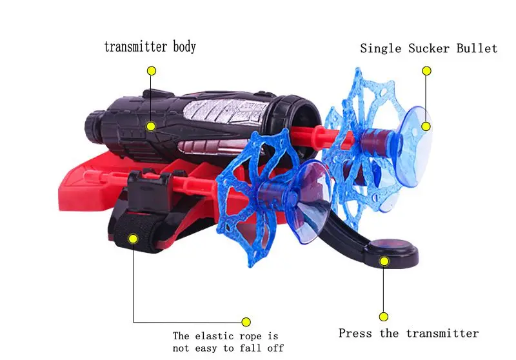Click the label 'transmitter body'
(150, 47)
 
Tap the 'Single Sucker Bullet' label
(428, 48)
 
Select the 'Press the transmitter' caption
(408, 334)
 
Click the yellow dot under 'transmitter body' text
(151, 70)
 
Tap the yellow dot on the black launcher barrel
(151, 126)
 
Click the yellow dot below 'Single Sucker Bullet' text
(426, 70)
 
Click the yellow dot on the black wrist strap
(134, 239)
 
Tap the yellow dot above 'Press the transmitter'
(384, 316)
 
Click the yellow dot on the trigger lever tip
(384, 261)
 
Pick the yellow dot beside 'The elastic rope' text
(246, 321)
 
